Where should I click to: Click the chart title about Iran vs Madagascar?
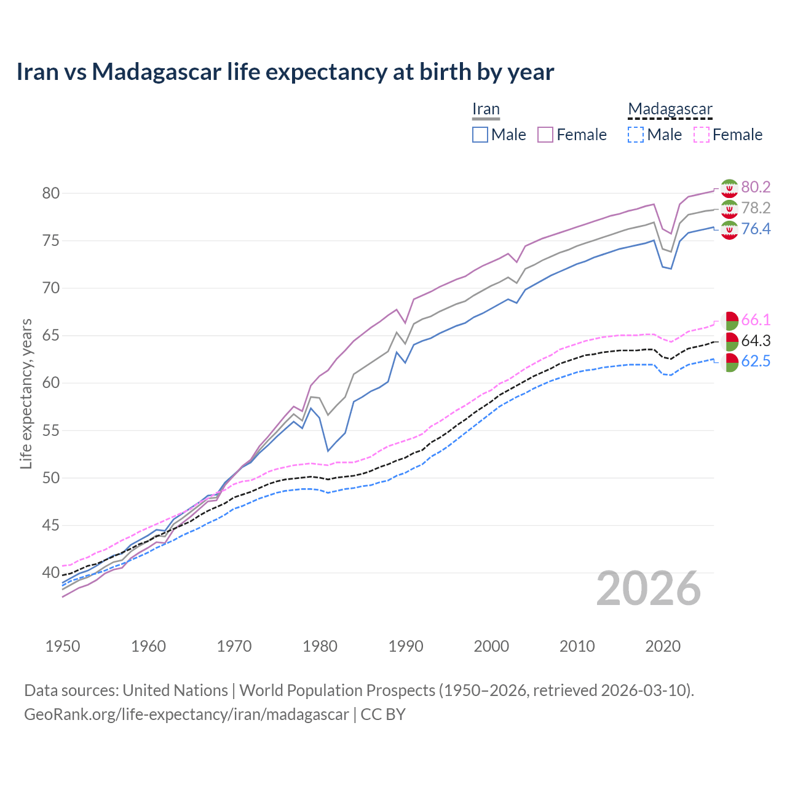285,72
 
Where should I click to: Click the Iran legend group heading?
486,109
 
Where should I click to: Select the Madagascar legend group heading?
670,109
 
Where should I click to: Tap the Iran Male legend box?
480,135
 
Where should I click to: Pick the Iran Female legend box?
545,135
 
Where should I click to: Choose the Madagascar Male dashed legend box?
636,135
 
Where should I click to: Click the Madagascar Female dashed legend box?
702,135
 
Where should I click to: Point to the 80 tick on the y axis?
50,193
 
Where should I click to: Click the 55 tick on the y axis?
50,430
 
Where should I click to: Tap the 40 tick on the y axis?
50,573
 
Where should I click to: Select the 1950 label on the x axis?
63,646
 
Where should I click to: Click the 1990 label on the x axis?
406,646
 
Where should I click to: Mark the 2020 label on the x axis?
663,646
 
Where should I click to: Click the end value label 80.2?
756,188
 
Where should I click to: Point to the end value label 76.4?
756,229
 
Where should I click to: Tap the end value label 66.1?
756,320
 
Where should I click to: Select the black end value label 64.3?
756,341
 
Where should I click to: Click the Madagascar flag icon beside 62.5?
729,362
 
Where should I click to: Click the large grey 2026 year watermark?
649,589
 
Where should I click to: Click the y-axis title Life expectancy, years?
26,393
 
